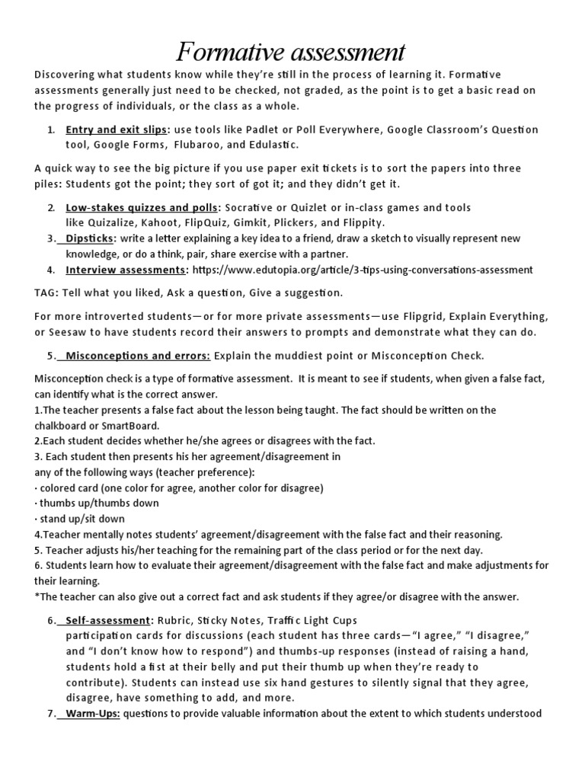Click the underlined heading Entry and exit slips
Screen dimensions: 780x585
tap(117, 129)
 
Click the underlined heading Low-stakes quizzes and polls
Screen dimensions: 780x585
tap(142, 207)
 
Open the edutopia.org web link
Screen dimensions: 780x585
tap(363, 270)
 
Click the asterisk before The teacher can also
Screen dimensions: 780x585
tap(37, 596)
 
